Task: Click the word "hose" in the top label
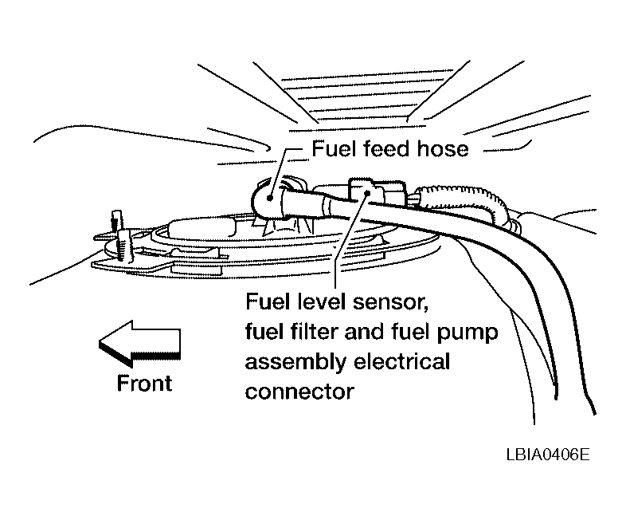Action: point(442,149)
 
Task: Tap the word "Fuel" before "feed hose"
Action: point(334,148)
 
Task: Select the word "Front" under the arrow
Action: point(144,383)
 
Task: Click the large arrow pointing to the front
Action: point(139,344)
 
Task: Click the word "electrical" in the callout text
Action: point(401,361)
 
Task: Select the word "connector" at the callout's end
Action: point(299,392)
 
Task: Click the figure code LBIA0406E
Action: point(548,455)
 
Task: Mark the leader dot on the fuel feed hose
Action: point(270,198)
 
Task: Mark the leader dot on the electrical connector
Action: point(366,193)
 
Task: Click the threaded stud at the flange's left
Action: point(117,225)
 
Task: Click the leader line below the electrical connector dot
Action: point(350,240)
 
